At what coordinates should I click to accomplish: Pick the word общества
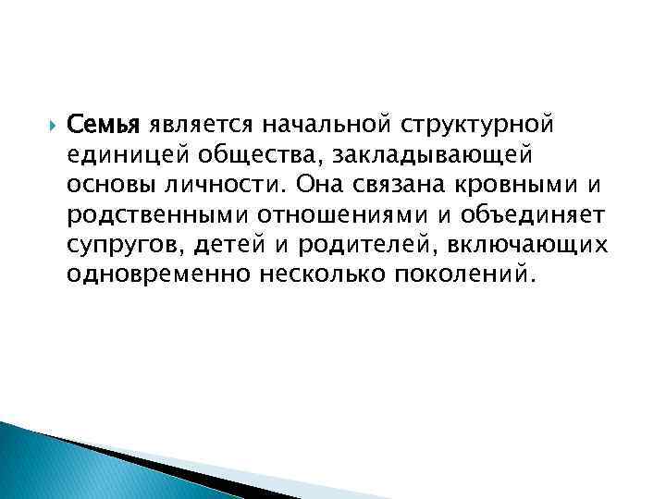(x=246, y=153)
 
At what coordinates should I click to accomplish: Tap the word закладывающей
(x=438, y=153)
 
